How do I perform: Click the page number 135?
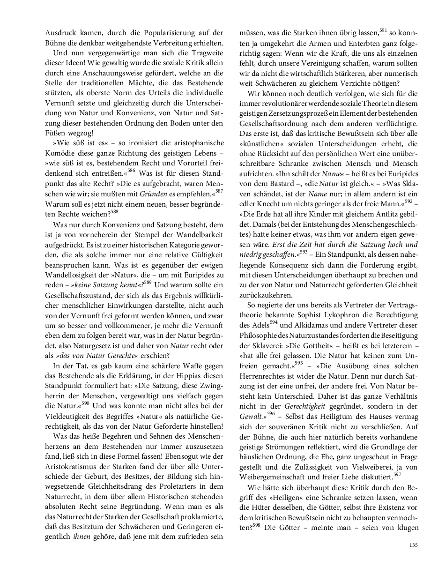click(x=413, y=545)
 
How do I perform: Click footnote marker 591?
click(x=383, y=30)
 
